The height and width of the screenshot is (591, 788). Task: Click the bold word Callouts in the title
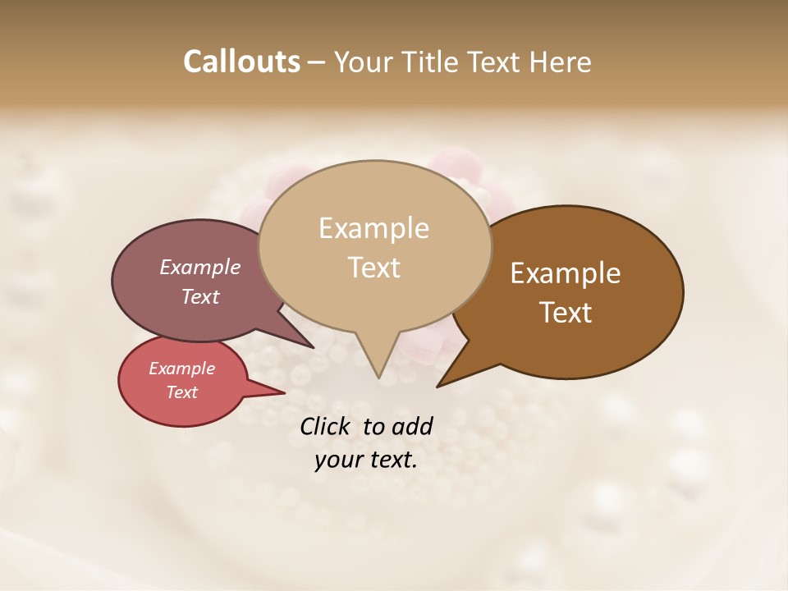[x=241, y=62]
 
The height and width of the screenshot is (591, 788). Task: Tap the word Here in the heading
[x=561, y=62]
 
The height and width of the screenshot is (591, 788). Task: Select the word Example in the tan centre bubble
[x=373, y=228]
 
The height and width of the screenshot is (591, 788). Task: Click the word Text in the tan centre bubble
[x=373, y=268]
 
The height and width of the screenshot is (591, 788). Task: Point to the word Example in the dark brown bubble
[x=566, y=273]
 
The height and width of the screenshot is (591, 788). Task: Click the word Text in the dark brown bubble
[x=566, y=313]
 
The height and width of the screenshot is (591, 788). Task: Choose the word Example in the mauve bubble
[x=200, y=268]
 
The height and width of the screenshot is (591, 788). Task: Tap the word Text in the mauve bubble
[x=200, y=296]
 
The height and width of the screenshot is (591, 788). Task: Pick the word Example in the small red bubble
[x=181, y=369]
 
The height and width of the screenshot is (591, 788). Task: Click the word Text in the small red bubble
[x=181, y=392]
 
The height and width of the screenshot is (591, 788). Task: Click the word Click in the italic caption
[x=326, y=426]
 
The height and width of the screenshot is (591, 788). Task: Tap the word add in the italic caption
[x=411, y=426]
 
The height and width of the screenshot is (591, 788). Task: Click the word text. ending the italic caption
[x=392, y=460]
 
